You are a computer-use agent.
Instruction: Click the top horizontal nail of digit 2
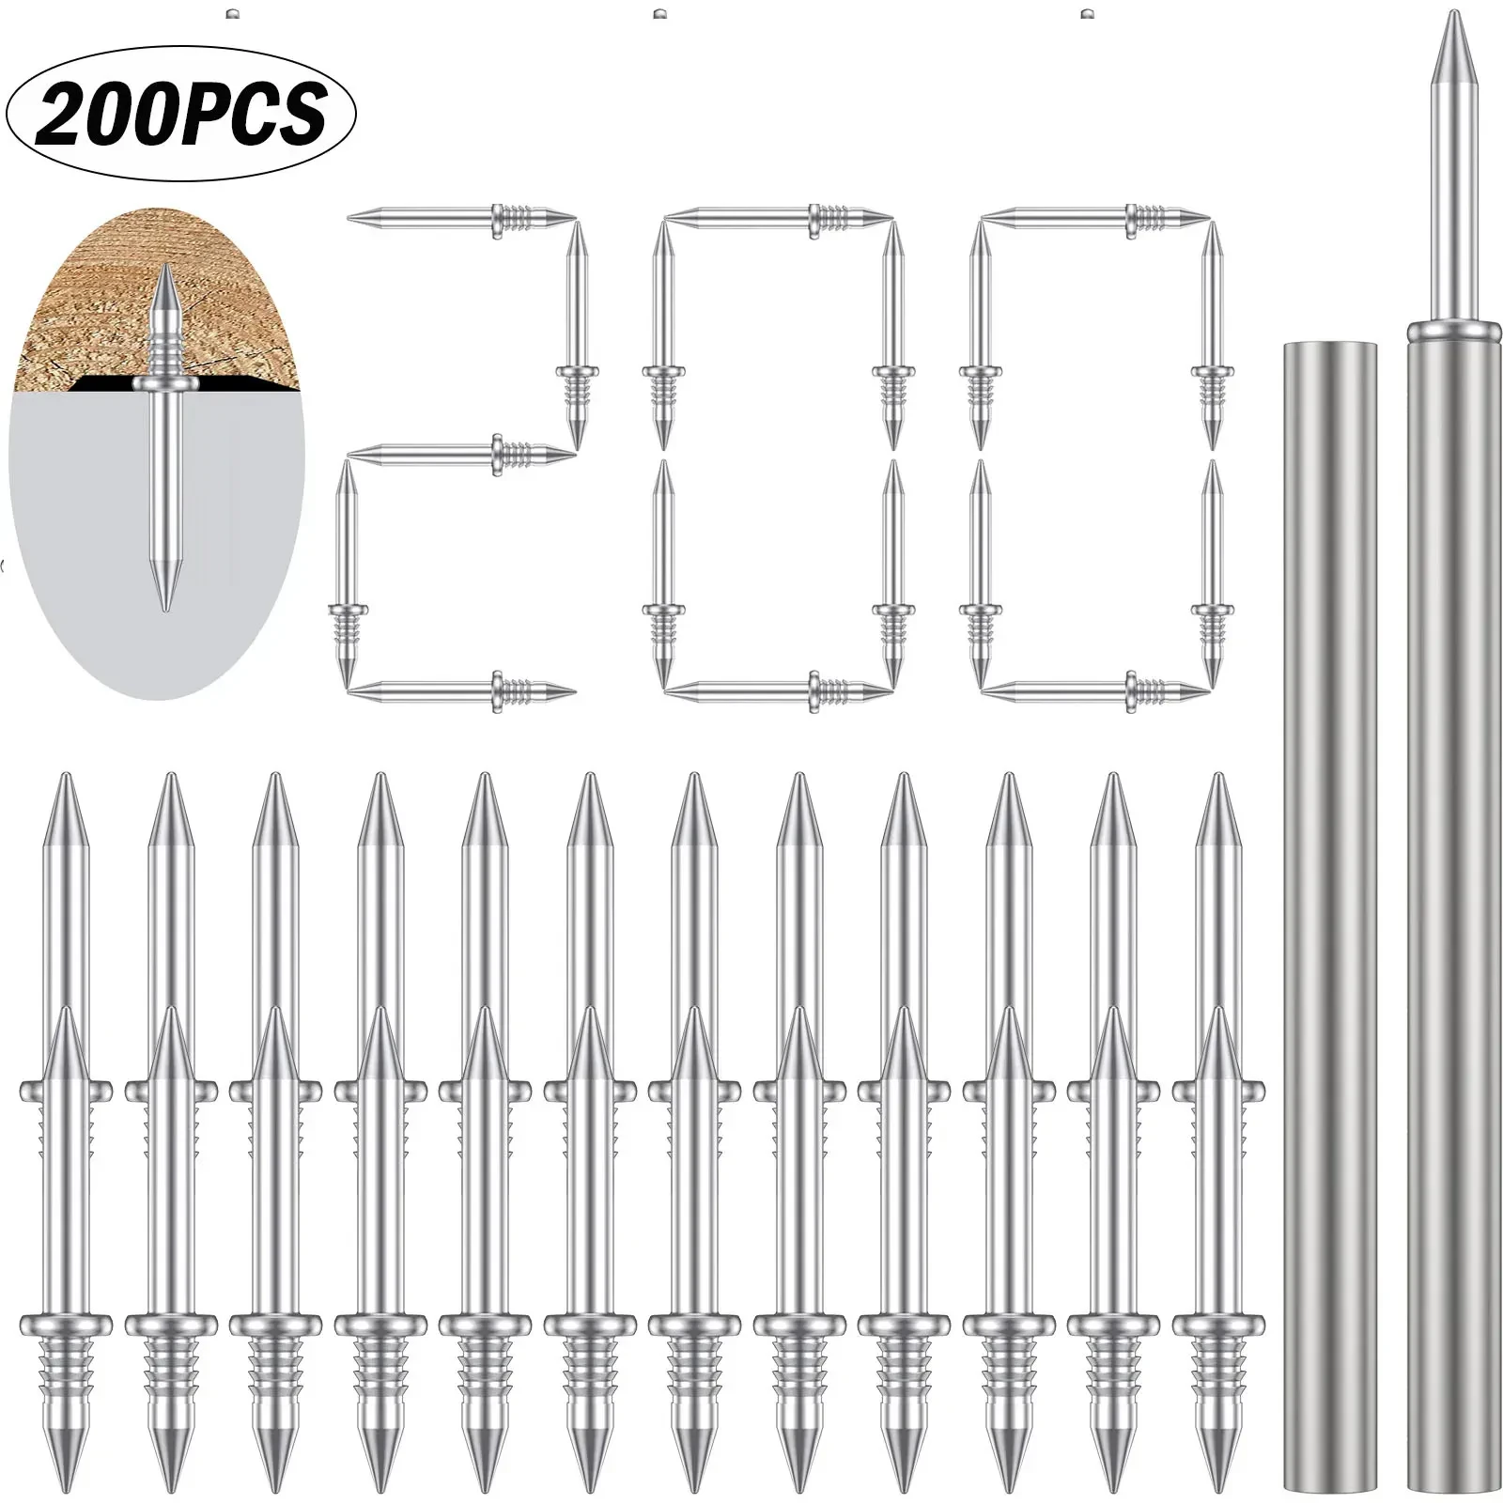click(460, 217)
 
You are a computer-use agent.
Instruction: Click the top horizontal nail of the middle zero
click(778, 217)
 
